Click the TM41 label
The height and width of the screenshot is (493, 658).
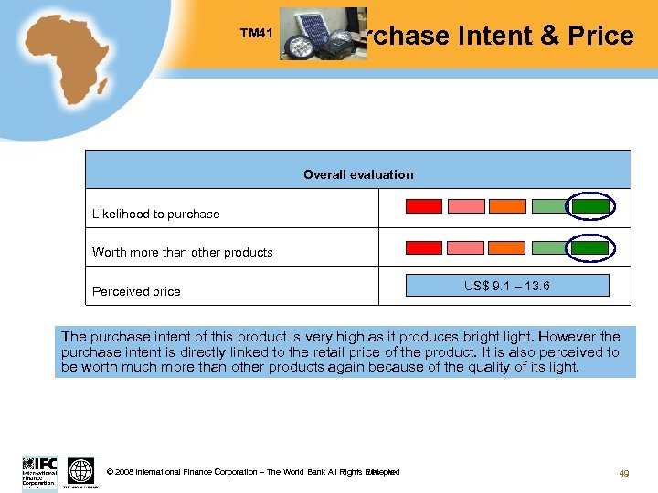[x=256, y=34]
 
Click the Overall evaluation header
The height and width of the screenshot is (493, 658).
[x=358, y=174]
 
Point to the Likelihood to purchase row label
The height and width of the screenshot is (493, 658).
[x=156, y=214]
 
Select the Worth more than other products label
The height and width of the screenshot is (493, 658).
[x=183, y=252]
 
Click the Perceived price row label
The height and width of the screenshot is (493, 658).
[x=136, y=291]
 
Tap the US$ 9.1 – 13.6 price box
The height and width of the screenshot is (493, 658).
[x=507, y=286]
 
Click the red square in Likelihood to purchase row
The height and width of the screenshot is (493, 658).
[x=423, y=206]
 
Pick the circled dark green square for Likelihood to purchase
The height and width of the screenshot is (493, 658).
[x=590, y=206]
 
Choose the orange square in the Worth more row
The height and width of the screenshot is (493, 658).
[x=506, y=247]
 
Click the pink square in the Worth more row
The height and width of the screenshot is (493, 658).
[x=465, y=247]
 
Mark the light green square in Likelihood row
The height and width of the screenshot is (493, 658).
[x=549, y=206]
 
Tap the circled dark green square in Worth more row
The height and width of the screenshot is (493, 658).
[x=590, y=247]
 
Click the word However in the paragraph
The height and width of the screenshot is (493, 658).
[x=566, y=337]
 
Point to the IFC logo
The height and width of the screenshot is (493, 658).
[x=39, y=472]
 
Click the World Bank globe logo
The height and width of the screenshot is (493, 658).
[x=80, y=472]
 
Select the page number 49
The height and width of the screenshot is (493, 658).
[x=624, y=473]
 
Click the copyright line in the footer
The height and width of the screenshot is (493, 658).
[x=252, y=472]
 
